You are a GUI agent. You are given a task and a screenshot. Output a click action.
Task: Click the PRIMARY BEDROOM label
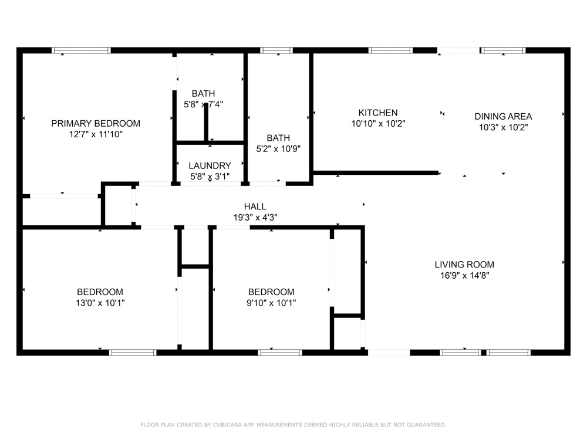tap(96, 123)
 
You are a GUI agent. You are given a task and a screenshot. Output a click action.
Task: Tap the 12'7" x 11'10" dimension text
tap(96, 134)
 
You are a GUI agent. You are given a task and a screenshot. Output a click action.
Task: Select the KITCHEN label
tap(378, 113)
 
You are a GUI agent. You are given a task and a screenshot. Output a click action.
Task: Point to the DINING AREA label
tap(503, 116)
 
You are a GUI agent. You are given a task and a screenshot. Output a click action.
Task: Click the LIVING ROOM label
tap(464, 265)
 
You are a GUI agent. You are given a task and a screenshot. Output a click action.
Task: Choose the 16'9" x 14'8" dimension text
tap(464, 275)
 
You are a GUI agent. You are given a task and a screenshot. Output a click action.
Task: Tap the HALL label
tap(255, 207)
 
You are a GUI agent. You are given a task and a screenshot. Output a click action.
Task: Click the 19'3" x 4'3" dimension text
tap(255, 218)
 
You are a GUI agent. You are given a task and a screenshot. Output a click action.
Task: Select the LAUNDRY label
tap(210, 166)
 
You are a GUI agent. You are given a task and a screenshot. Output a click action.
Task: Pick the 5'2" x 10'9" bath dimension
tap(278, 149)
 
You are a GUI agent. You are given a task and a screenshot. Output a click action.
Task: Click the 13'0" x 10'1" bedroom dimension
tap(100, 303)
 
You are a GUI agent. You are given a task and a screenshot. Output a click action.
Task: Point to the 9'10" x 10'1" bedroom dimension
tap(271, 303)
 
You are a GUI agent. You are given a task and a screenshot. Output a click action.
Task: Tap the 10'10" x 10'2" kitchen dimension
tap(378, 123)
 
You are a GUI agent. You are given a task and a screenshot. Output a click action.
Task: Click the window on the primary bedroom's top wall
tap(81, 50)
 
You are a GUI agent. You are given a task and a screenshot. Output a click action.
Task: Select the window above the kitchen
tap(390, 50)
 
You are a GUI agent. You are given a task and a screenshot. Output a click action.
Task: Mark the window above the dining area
tap(503, 50)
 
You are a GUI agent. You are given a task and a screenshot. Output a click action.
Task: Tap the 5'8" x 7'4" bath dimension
tap(203, 104)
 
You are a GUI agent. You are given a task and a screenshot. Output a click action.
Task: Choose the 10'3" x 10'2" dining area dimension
tap(503, 127)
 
